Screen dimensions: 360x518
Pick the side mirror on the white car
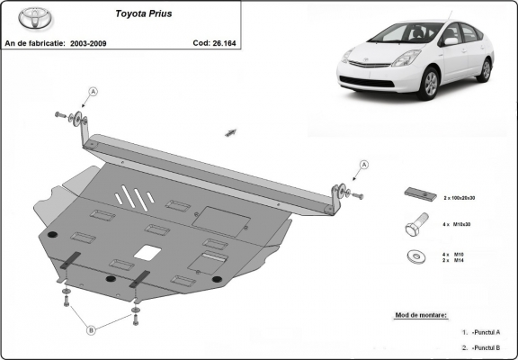tap(451, 41)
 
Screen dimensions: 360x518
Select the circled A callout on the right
tap(364, 164)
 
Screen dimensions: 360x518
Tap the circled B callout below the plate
tap(90, 330)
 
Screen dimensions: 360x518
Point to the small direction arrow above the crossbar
tap(231, 131)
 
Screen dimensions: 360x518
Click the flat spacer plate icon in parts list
tap(418, 195)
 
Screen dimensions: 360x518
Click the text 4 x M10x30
tap(460, 225)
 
